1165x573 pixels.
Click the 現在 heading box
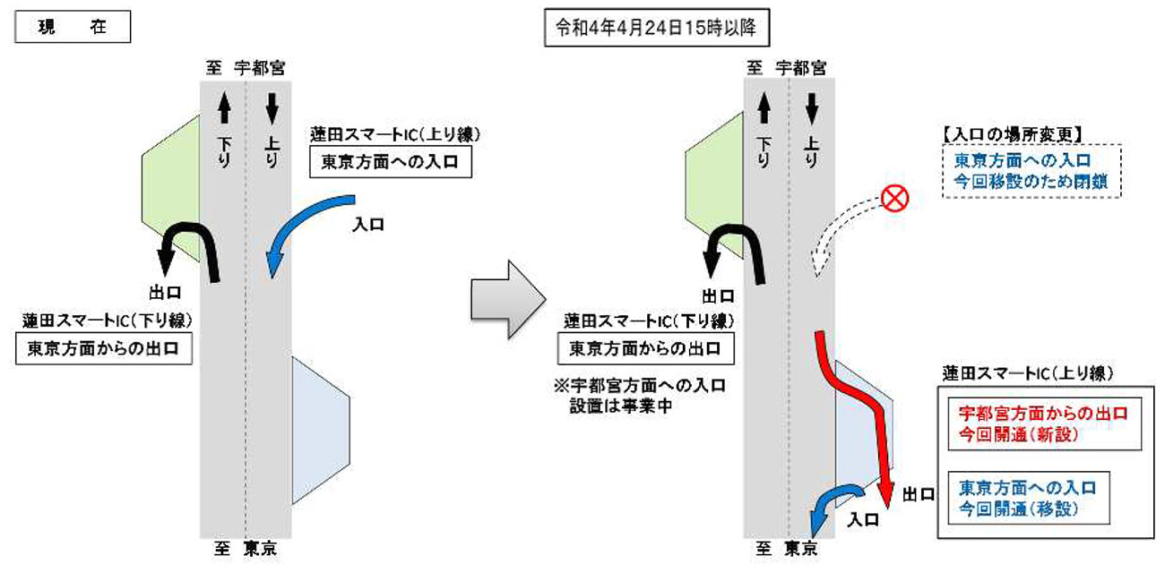coord(73,28)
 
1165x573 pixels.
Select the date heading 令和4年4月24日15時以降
coord(658,28)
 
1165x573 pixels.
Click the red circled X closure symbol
coord(893,199)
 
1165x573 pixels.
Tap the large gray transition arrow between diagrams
coord(508,300)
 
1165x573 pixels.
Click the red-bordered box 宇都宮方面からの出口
coord(1041,422)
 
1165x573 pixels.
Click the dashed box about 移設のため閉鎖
coord(1030,170)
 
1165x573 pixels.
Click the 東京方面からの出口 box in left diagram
coord(104,349)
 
